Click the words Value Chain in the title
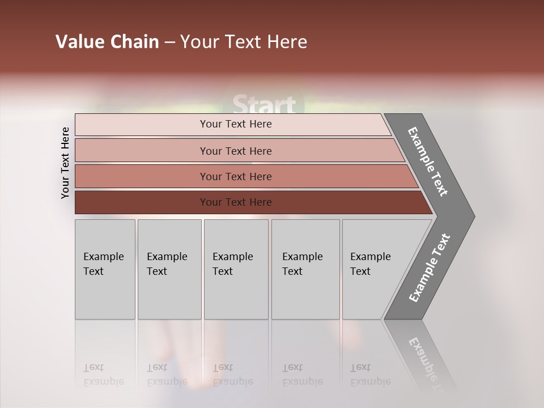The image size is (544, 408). [107, 42]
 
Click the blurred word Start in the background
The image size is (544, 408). [265, 105]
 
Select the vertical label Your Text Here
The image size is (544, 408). [65, 163]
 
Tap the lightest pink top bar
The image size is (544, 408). [236, 124]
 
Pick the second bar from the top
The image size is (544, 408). [236, 151]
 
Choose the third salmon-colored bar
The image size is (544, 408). [236, 176]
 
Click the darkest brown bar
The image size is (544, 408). [236, 202]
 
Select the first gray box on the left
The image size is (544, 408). [105, 269]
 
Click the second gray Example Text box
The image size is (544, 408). [169, 269]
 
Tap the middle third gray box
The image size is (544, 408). [236, 269]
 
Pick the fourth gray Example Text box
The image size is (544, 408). [305, 269]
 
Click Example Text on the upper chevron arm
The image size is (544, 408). [428, 161]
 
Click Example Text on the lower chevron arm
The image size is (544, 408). [430, 268]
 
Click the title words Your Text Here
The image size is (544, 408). [244, 42]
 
